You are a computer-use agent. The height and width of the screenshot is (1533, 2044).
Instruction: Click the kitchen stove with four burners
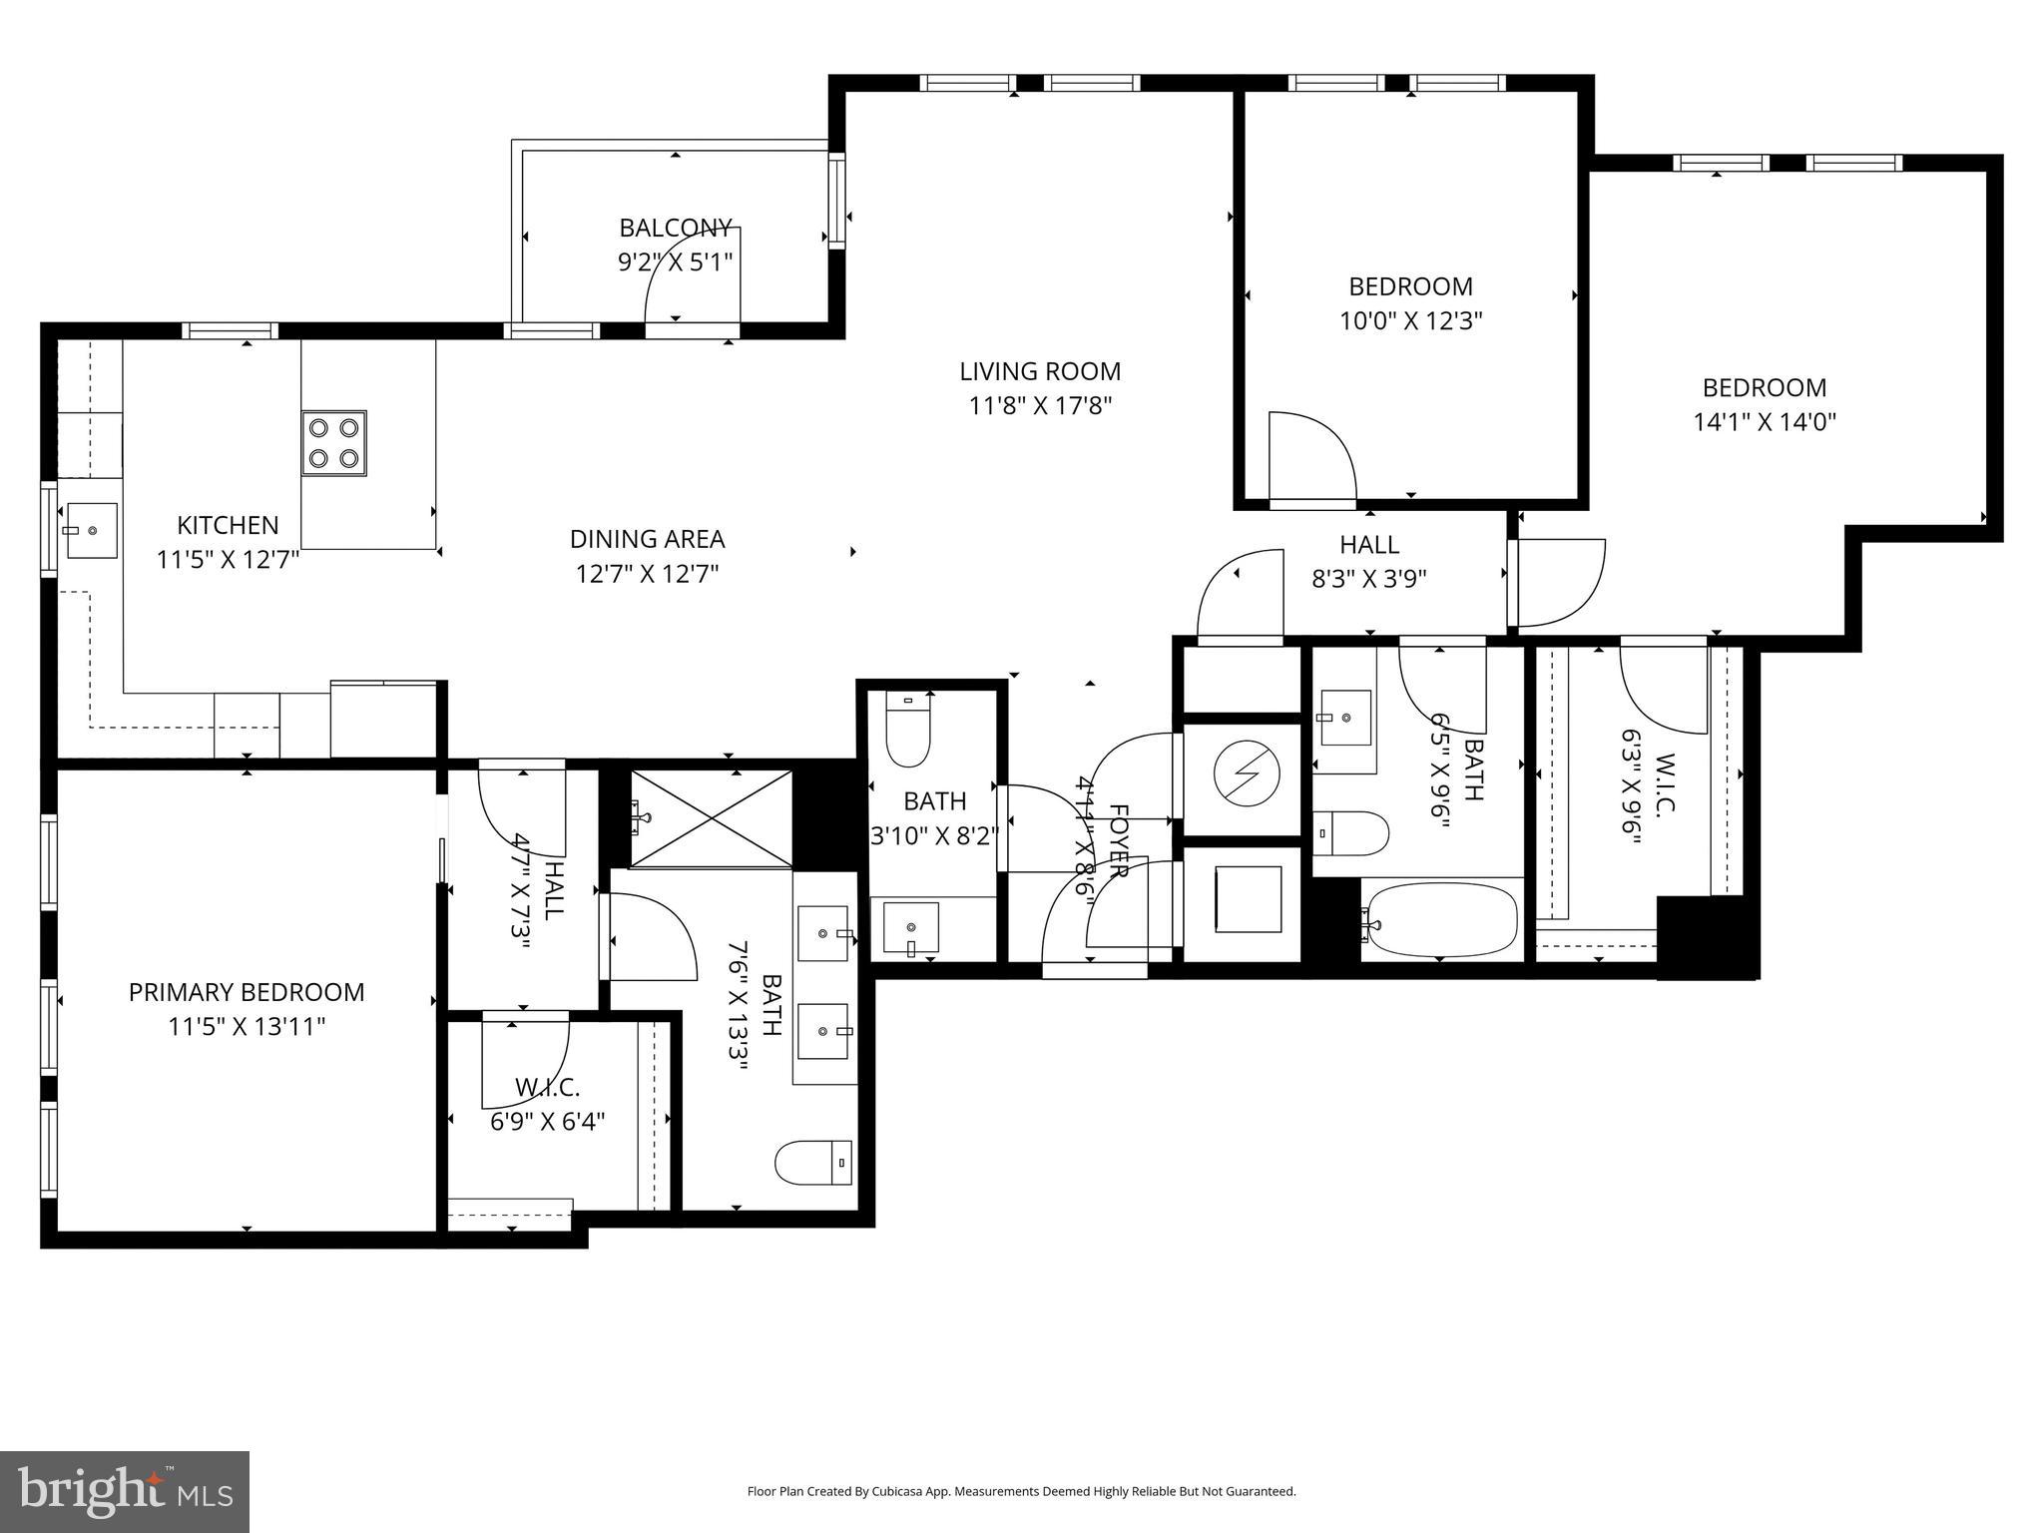[x=333, y=442]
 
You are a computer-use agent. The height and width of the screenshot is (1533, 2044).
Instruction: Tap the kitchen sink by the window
[x=91, y=531]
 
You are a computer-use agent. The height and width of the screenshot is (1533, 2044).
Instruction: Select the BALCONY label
[x=676, y=228]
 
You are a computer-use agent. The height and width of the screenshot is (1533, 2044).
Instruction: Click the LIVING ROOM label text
[x=1040, y=372]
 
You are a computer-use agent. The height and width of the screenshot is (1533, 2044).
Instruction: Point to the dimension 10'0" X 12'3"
[x=1410, y=321]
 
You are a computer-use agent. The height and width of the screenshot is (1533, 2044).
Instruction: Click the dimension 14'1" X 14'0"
[x=1764, y=422]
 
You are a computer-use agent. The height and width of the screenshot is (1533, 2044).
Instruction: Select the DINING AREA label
[x=647, y=540]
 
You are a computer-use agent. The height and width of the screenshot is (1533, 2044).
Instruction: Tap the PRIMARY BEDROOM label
[x=247, y=992]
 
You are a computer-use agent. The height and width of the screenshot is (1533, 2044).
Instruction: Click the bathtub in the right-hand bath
[x=1440, y=920]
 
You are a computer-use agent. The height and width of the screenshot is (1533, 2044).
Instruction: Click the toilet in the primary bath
[x=813, y=1163]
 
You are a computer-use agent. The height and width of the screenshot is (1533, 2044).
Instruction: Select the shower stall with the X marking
[x=712, y=818]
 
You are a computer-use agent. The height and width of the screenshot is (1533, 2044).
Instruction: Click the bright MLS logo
[x=125, y=1491]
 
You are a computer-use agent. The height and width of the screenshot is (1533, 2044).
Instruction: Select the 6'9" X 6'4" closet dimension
[x=547, y=1122]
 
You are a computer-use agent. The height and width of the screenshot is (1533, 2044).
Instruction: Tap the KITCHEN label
[x=228, y=526]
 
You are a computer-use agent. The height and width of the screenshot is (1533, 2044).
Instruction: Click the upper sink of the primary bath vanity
[x=824, y=933]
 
